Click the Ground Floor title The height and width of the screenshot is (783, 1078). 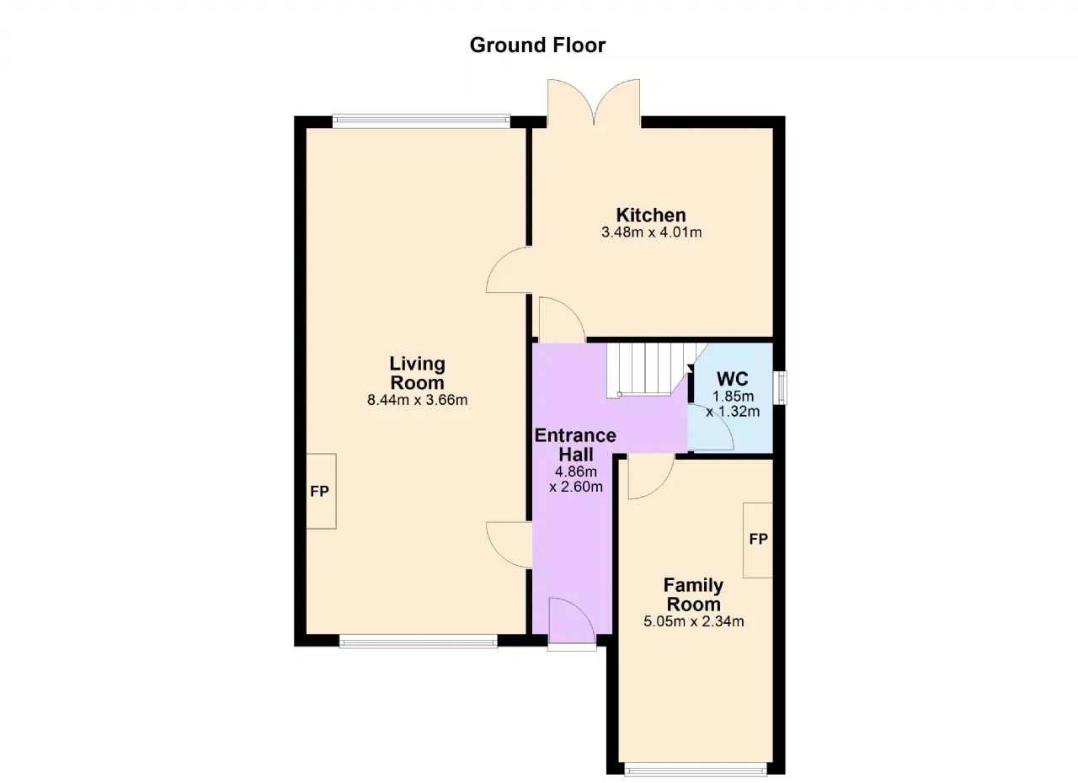coord(537,45)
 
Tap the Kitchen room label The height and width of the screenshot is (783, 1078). coord(651,215)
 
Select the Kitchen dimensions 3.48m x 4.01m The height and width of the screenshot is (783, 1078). coord(652,232)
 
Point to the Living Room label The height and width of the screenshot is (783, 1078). coord(417,373)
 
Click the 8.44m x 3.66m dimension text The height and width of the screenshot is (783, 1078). coord(417,400)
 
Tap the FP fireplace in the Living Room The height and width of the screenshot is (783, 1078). coord(321,491)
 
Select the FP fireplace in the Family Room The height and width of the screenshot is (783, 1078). coord(758,541)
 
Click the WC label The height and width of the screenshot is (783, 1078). coord(733,379)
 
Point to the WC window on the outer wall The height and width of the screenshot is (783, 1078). coord(780,387)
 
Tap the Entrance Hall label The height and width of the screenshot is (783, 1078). coord(575,445)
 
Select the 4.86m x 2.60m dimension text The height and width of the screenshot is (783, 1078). coord(576,479)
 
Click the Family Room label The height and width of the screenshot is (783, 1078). coord(693,594)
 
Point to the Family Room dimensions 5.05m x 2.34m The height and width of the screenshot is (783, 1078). coord(694,621)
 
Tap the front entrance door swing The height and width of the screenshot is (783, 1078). coord(572,621)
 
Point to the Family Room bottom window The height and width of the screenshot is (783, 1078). coord(696,770)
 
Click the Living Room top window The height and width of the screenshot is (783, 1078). coord(421,120)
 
